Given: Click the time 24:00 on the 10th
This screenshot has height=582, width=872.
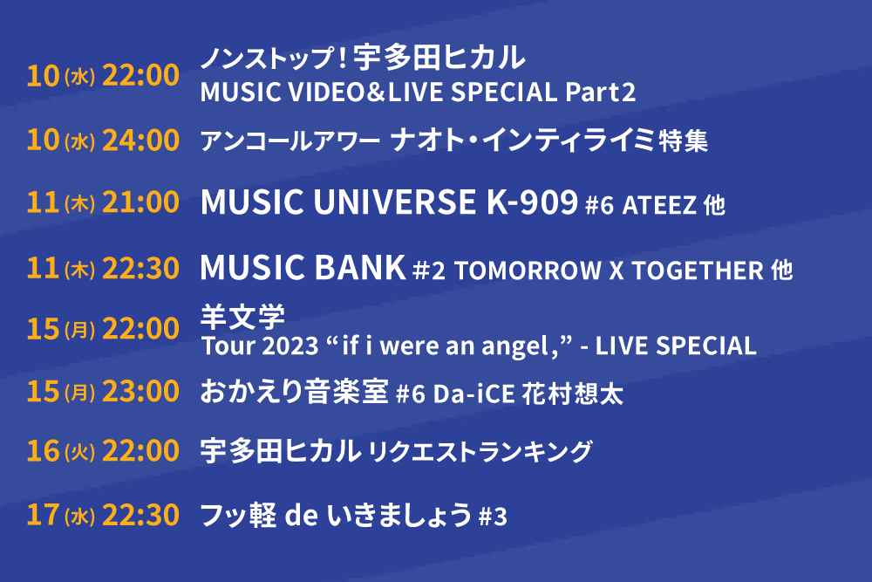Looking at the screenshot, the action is pyautogui.click(x=140, y=140).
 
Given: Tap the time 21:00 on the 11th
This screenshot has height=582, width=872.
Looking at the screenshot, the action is pyautogui.click(x=140, y=202).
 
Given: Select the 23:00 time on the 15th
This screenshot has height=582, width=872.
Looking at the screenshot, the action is pyautogui.click(x=140, y=391).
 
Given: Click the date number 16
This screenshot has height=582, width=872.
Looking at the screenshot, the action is pyautogui.click(x=43, y=451).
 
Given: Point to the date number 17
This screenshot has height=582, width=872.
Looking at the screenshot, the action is pyautogui.click(x=43, y=514).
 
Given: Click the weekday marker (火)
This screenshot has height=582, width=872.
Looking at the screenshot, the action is pyautogui.click(x=79, y=452).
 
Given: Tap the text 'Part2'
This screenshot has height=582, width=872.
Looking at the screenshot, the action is pyautogui.click(x=600, y=92).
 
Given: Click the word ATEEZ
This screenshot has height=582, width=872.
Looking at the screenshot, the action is pyautogui.click(x=659, y=205).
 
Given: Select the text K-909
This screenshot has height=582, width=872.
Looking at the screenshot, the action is pyautogui.click(x=532, y=202).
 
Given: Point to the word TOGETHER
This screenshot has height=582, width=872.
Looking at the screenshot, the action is pyautogui.click(x=698, y=271).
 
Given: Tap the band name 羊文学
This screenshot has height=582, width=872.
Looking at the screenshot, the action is pyautogui.click(x=242, y=317).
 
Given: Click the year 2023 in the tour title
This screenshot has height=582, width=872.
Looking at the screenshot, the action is pyautogui.click(x=290, y=346).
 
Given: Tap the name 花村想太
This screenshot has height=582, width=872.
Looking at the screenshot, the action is pyautogui.click(x=573, y=394).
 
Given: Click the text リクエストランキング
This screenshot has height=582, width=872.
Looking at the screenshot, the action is pyautogui.click(x=480, y=451).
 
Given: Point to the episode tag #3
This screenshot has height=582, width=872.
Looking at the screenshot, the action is pyautogui.click(x=493, y=517).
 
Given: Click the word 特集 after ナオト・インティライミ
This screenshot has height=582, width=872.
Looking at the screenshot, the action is pyautogui.click(x=683, y=140).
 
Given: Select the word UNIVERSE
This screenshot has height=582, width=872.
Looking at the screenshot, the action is pyautogui.click(x=394, y=202).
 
